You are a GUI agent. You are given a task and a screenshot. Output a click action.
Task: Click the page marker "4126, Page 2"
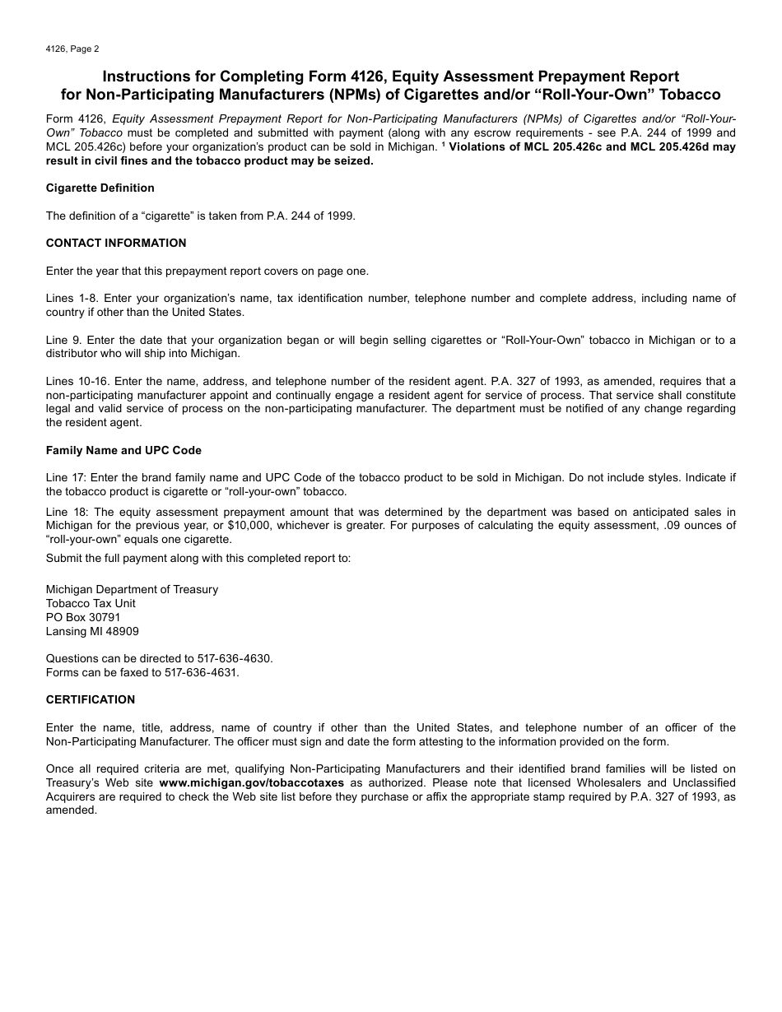tap(72, 49)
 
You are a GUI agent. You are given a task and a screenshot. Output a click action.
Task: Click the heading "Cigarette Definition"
tap(100, 188)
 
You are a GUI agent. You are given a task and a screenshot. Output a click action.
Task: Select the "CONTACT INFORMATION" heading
tap(116, 243)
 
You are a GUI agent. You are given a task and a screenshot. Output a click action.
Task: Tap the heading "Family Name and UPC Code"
tap(123, 450)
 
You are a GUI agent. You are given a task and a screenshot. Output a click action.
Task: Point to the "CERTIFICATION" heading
tap(91, 699)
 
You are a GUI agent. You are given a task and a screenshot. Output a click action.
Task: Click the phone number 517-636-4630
tap(234, 658)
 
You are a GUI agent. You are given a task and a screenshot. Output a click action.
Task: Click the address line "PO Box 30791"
tap(83, 617)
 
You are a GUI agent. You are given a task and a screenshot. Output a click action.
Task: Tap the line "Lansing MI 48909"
tap(92, 631)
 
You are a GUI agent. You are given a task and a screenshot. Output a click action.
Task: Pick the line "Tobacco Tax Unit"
tap(91, 603)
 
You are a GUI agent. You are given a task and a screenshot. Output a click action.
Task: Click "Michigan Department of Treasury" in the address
tap(132, 589)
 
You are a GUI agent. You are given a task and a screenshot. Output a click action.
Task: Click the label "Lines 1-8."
tap(71, 298)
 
